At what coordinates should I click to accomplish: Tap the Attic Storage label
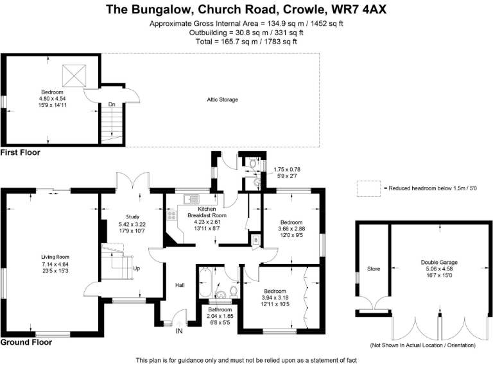(222, 100)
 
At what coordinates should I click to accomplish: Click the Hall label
(180, 285)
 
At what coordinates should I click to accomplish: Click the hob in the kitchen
(172, 216)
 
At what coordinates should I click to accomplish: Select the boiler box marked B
(255, 240)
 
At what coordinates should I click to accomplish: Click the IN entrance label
(180, 331)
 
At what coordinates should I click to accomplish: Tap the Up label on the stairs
(136, 268)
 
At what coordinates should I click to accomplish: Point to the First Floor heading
(21, 152)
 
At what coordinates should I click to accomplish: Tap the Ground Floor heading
(26, 342)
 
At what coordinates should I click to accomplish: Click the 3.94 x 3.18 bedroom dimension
(274, 297)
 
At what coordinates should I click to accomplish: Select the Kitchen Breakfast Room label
(207, 212)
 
